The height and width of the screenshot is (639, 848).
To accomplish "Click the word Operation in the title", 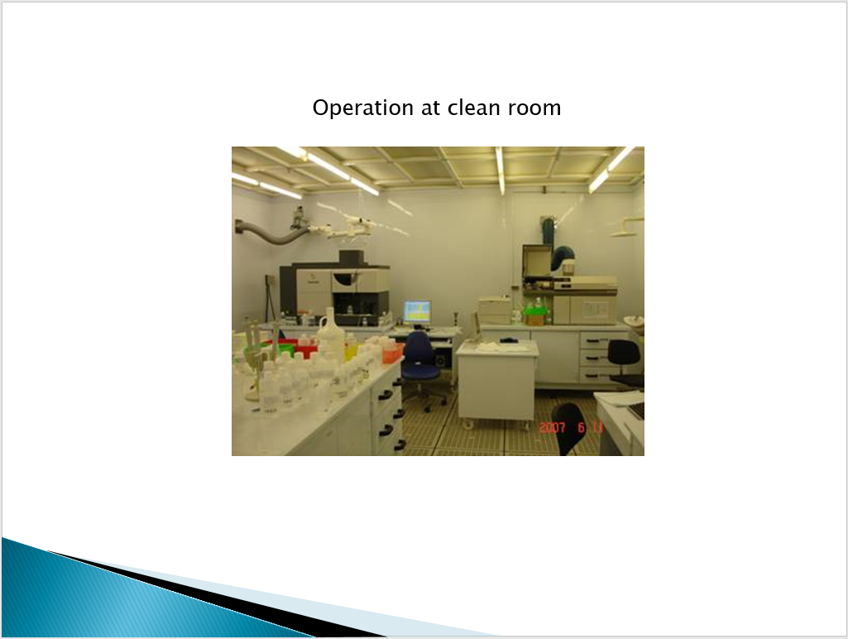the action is pos(363,108).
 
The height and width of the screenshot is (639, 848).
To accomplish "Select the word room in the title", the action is pos(534,108).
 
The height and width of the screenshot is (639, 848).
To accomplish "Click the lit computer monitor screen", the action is pos(417,312).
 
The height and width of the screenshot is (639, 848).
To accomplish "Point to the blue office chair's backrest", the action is pos(417,348).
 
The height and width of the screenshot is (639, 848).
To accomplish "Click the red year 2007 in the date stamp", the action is pos(552,427).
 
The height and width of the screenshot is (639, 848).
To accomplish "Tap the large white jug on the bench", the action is pos(330,332).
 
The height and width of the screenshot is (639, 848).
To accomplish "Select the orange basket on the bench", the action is pos(393,351).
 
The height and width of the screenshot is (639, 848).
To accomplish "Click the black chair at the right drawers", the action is pos(625,362).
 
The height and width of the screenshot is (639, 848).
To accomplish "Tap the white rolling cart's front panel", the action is pos(496,386).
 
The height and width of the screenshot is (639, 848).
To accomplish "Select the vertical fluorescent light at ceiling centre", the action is pos(500,170).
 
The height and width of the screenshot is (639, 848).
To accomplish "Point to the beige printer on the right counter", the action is pos(494,310).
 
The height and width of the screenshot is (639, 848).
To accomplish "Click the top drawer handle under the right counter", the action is pos(594,341).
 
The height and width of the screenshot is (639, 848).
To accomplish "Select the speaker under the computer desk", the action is pos(440,360).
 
